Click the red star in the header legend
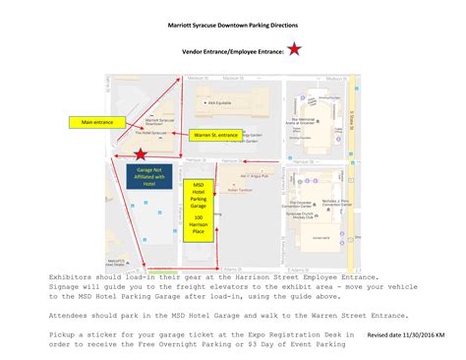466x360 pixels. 295,48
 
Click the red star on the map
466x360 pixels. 144,154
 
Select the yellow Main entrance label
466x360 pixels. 96,123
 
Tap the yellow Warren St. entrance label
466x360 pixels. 214,134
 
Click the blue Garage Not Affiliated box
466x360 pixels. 148,176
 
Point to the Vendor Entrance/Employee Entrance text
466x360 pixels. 232,49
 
